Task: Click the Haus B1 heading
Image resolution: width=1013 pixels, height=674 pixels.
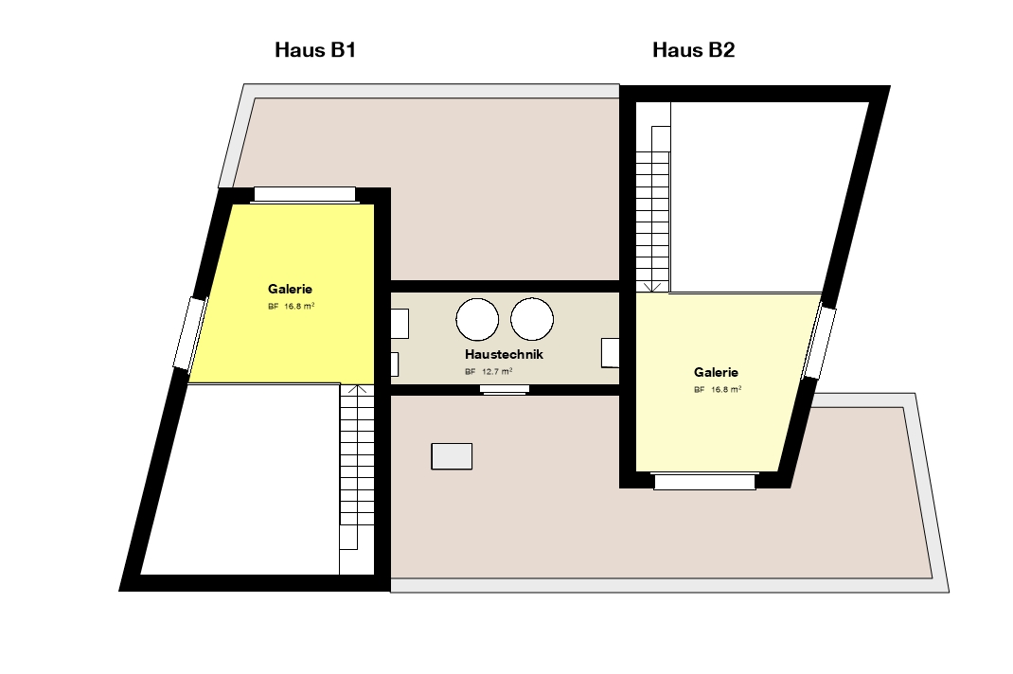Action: point(315,50)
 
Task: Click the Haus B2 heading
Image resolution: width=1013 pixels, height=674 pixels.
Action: point(693,50)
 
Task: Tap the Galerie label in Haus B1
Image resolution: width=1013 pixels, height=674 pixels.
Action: point(290,289)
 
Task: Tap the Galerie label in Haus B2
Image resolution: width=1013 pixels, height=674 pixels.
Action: point(716,372)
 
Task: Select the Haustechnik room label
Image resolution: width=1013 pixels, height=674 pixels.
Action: point(504,354)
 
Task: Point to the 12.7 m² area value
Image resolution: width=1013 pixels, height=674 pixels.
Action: point(497,372)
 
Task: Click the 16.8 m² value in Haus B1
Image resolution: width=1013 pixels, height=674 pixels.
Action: point(299,307)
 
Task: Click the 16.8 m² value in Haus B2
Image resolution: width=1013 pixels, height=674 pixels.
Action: point(726,390)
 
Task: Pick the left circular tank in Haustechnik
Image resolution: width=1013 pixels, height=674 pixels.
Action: point(477,319)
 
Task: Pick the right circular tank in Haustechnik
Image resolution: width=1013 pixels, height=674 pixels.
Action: point(532,319)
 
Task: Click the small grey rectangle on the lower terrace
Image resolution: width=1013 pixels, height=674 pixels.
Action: point(452,456)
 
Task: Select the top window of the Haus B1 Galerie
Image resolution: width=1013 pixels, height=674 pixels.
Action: point(304,194)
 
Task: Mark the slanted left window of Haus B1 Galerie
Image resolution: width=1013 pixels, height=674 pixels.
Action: point(190,333)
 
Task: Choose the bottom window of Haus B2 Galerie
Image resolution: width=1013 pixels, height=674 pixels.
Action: point(704,482)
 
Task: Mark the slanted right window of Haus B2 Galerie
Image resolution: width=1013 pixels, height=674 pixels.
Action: point(819,343)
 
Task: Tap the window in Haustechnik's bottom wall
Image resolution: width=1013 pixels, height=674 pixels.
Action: point(505,389)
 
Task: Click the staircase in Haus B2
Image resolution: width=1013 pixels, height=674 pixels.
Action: point(653,197)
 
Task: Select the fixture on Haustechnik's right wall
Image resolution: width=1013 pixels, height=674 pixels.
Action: point(610,353)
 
